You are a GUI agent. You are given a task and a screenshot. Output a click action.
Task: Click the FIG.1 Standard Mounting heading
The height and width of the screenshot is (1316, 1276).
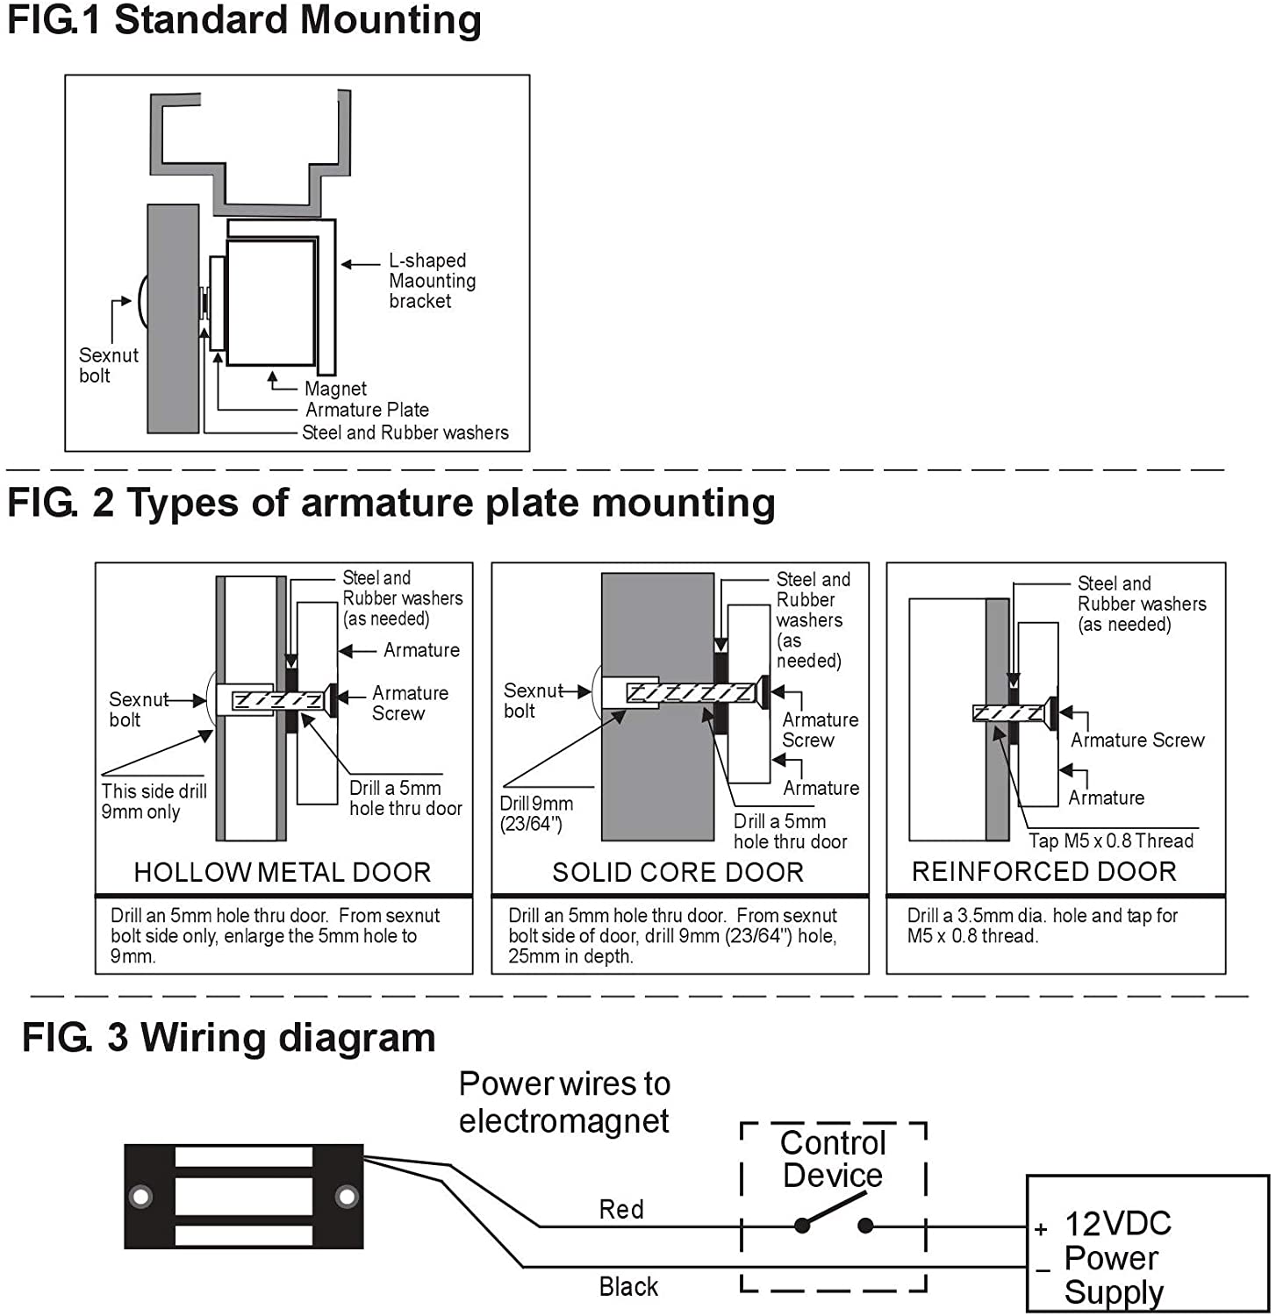(244, 21)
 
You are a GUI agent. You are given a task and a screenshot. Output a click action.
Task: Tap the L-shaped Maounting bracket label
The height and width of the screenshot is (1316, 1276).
(432, 281)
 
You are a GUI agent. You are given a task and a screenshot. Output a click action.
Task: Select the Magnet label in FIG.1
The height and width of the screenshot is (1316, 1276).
(335, 389)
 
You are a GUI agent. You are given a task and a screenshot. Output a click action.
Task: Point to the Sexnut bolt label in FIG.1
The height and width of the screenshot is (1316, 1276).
(108, 366)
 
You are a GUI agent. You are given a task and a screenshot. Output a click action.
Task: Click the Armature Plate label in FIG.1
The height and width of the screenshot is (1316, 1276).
(367, 410)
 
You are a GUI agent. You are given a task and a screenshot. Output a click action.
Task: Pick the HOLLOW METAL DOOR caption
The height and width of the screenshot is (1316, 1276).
(282, 872)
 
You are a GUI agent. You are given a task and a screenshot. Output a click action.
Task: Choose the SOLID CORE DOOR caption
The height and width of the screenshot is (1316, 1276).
(677, 872)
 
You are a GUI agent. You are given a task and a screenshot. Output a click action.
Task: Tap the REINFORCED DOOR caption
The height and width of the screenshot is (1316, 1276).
(1043, 871)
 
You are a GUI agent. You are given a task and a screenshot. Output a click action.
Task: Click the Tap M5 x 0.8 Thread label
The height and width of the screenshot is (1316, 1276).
(1111, 840)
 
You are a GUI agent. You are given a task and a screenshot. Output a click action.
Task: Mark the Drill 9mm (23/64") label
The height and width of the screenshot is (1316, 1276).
(535, 813)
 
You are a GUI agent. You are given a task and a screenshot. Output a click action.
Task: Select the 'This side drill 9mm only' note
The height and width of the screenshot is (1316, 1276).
(154, 801)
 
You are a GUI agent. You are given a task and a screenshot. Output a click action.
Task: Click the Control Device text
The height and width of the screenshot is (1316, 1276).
(833, 1159)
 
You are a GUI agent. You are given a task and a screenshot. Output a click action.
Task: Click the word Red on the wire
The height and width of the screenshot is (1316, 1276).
(621, 1210)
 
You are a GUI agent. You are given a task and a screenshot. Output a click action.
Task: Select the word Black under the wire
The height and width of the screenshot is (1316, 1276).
(628, 1287)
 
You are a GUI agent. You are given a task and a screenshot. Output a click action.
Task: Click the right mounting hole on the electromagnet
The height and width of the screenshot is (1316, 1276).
(347, 1196)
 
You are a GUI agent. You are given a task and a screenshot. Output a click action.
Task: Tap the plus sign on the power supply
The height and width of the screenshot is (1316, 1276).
(1041, 1230)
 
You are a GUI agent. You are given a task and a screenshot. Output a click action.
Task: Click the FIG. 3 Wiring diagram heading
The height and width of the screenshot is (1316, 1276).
(228, 1038)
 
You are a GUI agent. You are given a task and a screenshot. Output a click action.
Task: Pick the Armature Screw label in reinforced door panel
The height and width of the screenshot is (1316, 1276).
(1136, 740)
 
